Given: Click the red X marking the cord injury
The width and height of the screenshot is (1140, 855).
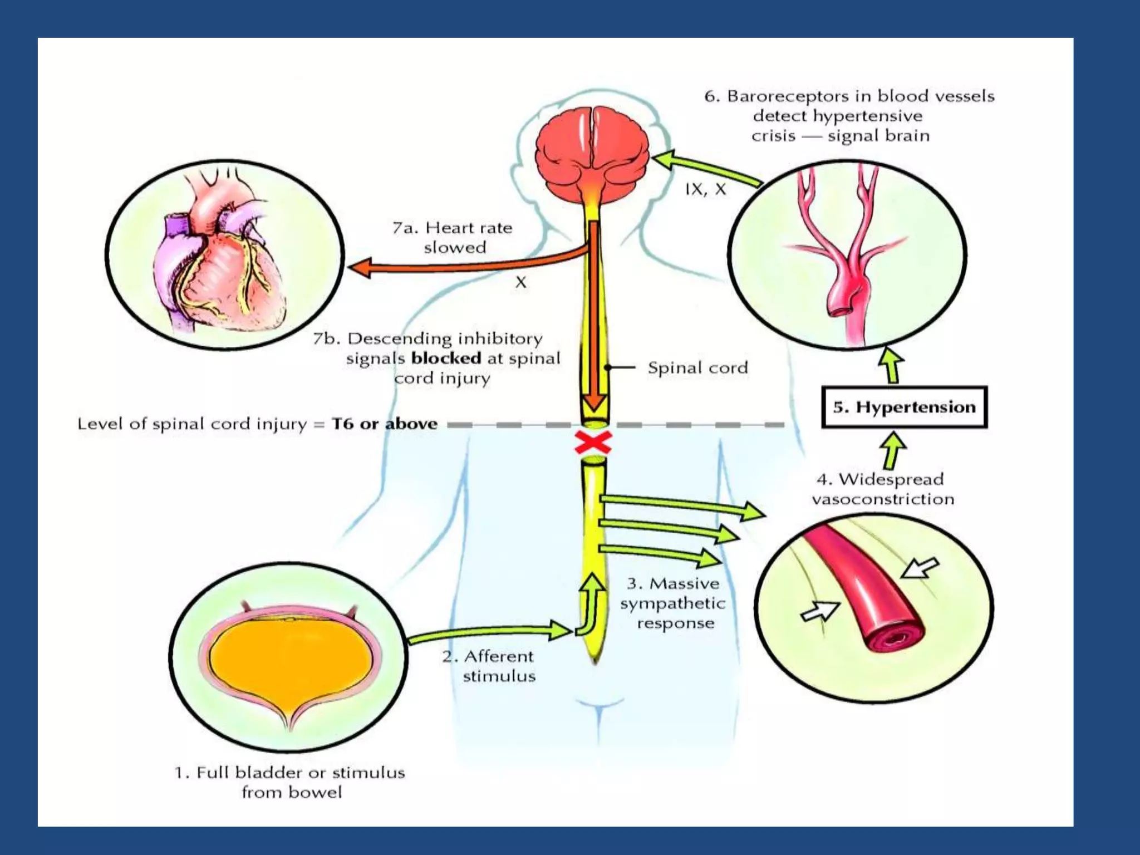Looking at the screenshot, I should [593, 444].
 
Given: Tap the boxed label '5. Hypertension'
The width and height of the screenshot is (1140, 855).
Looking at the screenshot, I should [904, 407].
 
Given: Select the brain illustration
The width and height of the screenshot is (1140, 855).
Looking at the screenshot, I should [592, 151].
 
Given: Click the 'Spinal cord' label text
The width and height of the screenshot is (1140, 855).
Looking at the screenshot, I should [697, 368].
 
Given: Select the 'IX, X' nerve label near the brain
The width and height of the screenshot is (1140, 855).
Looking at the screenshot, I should [705, 190].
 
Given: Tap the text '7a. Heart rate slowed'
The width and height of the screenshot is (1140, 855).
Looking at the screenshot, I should [453, 237].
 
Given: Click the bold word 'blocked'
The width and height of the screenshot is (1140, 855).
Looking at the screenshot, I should [446, 358].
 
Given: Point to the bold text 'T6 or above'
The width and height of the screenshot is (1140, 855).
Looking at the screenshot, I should [385, 424].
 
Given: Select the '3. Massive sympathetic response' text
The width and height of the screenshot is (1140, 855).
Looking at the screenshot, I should [673, 603].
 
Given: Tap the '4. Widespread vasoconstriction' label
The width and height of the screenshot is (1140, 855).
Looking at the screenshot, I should [883, 489].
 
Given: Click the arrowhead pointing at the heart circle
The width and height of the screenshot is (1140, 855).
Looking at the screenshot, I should [360, 268].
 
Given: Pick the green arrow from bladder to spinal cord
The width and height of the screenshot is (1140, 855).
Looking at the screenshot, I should [490, 633].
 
